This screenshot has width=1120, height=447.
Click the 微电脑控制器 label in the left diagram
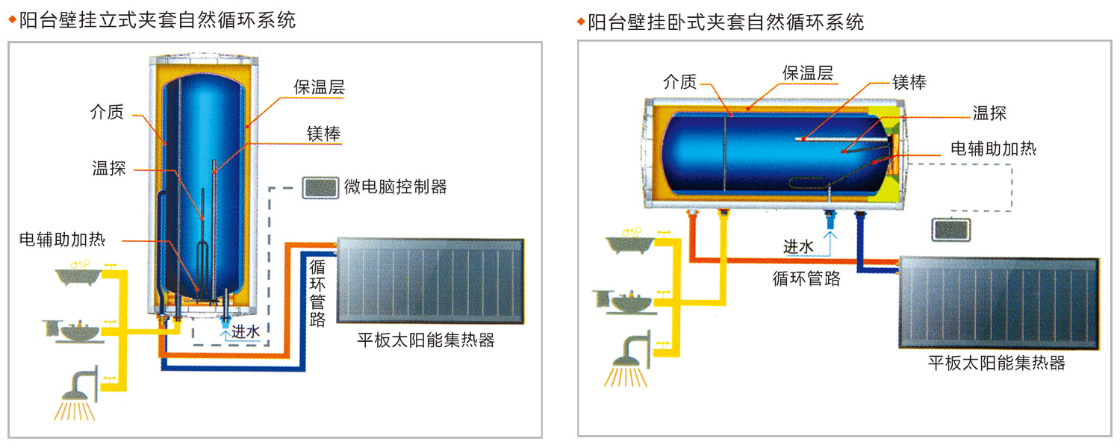coord(396,187)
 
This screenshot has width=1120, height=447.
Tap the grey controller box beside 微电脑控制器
coord(320,187)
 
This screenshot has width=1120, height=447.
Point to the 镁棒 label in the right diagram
coord(909,81)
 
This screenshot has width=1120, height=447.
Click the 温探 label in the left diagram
coord(108,169)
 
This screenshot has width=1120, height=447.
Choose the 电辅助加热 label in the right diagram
coord(993,148)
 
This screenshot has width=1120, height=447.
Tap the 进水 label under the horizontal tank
coord(797,246)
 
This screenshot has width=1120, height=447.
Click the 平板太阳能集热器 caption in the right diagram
coord(996,363)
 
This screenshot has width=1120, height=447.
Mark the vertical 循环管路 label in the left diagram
coord(317,293)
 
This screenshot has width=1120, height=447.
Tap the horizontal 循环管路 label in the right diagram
coord(806,278)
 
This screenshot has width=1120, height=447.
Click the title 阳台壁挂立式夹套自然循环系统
coord(157,20)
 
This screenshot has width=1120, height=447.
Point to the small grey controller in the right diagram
coord(951,229)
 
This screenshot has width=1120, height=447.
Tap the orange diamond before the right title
coord(580,21)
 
